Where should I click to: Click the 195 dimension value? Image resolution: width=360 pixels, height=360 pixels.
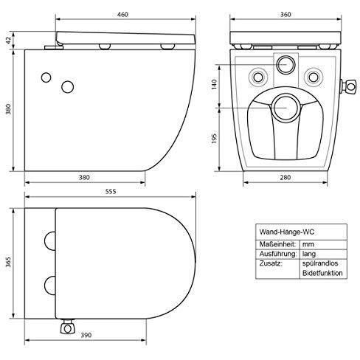click(x=215, y=138)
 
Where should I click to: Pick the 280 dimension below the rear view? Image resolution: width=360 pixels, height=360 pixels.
click(x=284, y=177)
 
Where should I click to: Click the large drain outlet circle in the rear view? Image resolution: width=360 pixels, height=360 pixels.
click(x=283, y=106)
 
